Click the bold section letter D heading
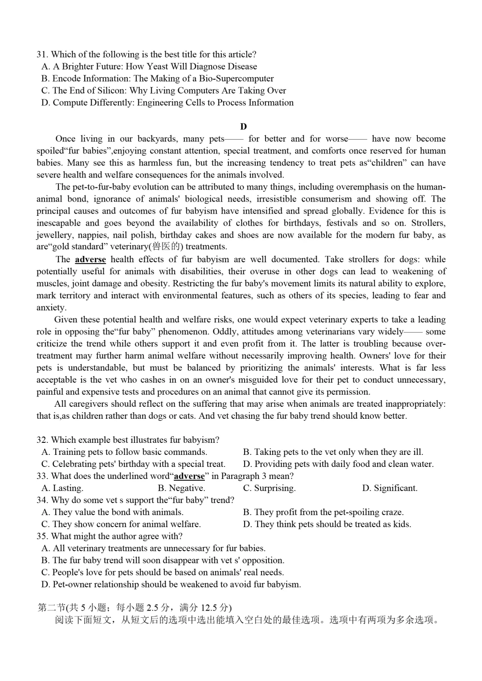tap(243, 127)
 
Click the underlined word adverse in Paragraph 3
tap(90, 260)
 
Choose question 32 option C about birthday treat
tap(133, 464)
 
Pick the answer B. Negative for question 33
tap(181, 488)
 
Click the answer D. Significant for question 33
tap(390, 488)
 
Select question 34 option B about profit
tap(323, 512)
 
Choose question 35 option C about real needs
tap(162, 572)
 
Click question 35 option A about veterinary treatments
tap(153, 548)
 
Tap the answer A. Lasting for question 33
tap(62, 488)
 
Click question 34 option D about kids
tap(327, 524)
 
